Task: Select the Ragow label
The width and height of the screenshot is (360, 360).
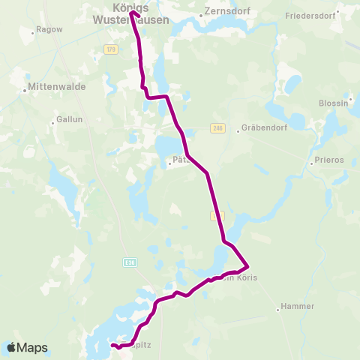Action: tap(46, 31)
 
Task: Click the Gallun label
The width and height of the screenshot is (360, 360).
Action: tap(68, 118)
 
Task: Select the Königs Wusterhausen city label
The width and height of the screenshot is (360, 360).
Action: tap(136, 13)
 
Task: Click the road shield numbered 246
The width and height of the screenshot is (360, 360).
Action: tap(217, 128)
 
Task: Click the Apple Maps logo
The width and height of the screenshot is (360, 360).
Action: tap(27, 347)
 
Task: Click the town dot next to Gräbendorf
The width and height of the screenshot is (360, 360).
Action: tap(238, 128)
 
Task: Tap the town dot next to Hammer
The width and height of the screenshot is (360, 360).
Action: tap(277, 307)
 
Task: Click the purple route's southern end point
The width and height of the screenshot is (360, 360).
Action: tap(112, 345)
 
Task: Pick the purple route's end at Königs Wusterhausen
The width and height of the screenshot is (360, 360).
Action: tap(132, 12)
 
